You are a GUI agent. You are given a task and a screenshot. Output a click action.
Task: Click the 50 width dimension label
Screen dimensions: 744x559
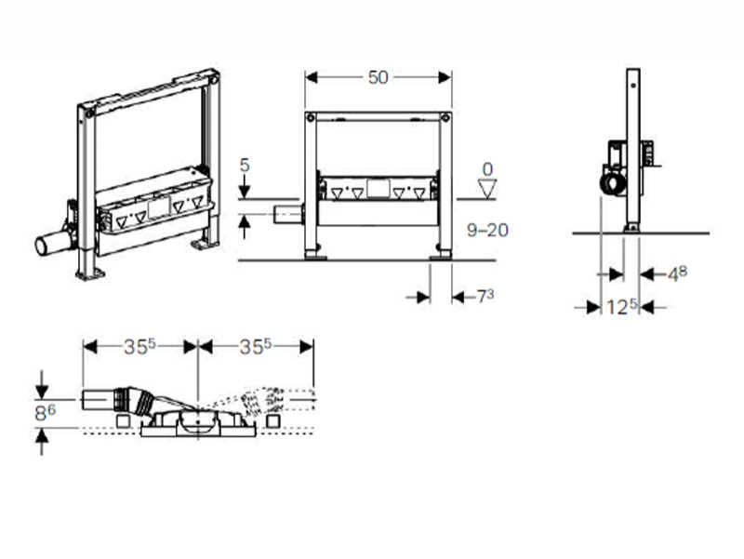[379, 77]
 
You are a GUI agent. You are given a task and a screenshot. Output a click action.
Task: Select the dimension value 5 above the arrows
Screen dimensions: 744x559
[245, 166]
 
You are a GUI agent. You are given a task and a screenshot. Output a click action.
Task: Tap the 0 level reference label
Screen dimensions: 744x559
[487, 169]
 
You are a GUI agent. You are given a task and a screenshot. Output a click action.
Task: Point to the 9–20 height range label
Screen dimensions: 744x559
[487, 230]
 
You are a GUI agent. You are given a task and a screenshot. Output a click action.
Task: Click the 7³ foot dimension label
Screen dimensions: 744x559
[485, 297]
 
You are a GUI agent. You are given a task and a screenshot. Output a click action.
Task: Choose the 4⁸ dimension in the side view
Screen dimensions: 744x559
[678, 273]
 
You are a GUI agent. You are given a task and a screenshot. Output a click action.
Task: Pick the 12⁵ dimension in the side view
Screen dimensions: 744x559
[621, 307]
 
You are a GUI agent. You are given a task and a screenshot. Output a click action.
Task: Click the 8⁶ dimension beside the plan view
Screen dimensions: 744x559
[45, 412]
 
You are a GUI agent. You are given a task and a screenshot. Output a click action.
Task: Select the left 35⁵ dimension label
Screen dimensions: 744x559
[140, 346]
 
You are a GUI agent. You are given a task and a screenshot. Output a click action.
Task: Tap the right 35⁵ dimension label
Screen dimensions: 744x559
[255, 346]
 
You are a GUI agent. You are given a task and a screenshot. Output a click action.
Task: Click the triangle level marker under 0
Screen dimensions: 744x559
[487, 189]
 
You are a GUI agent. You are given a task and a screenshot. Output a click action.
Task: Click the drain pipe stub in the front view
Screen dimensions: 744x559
[288, 214]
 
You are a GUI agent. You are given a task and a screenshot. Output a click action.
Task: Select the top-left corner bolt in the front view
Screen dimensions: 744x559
[311, 117]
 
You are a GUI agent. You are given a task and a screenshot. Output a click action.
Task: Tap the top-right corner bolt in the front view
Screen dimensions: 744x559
[445, 117]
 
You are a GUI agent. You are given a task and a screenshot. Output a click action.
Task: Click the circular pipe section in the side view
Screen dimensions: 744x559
[611, 184]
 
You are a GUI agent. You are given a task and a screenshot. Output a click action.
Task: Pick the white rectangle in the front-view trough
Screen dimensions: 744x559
[379, 189]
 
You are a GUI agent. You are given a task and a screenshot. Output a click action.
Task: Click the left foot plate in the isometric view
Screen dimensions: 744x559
[90, 274]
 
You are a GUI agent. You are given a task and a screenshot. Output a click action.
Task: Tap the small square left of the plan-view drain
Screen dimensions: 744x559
[124, 421]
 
